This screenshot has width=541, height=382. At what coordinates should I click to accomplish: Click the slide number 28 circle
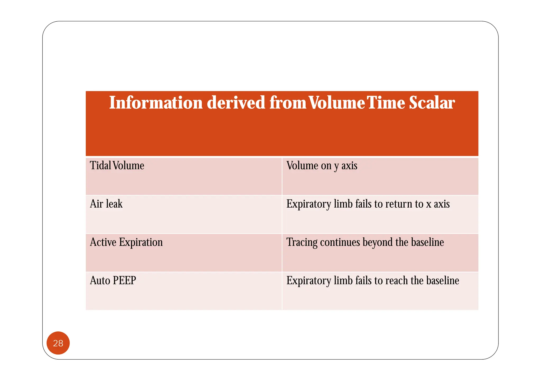coord(58,343)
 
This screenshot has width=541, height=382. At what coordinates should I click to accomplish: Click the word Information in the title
coord(156,103)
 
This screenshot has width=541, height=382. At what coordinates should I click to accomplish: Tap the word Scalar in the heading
coord(432,103)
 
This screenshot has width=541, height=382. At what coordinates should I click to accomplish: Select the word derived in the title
coord(236,103)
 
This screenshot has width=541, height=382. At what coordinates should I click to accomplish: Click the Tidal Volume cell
coord(117,166)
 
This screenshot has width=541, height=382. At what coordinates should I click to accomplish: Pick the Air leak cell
coord(106,204)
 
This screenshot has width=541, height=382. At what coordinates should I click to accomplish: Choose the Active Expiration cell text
coord(126,242)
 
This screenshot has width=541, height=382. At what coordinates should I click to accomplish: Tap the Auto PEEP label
coord(113,280)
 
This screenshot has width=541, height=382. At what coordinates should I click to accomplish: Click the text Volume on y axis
coord(322,166)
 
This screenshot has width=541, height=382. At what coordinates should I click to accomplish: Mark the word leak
coord(114,204)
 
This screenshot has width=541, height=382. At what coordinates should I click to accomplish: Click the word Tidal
coord(100,166)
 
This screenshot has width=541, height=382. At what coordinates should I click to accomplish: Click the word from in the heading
coord(288,103)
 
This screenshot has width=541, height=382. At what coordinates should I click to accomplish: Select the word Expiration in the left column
coord(141,242)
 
